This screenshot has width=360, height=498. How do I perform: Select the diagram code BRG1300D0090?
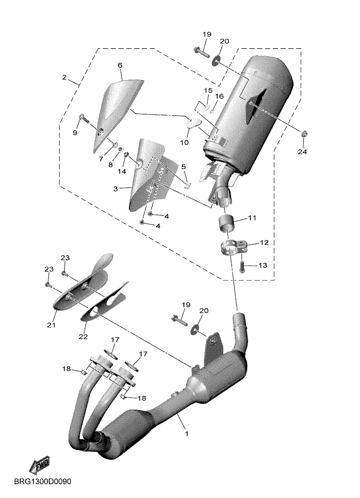43,482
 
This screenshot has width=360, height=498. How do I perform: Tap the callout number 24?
302,152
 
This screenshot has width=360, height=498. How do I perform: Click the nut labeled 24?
304,134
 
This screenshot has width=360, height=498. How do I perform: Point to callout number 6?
120,65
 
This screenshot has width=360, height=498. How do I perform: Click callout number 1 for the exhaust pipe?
187,433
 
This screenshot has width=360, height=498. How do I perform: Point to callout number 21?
51,325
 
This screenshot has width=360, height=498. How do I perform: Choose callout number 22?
83,336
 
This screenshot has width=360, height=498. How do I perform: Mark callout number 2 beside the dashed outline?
65,77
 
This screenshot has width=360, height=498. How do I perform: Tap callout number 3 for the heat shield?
115,189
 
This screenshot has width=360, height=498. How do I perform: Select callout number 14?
122,171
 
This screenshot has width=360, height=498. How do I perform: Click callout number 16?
219,96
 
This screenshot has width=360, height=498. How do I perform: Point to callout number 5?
183,167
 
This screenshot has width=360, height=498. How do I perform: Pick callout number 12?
264,243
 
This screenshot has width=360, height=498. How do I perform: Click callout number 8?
111,165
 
